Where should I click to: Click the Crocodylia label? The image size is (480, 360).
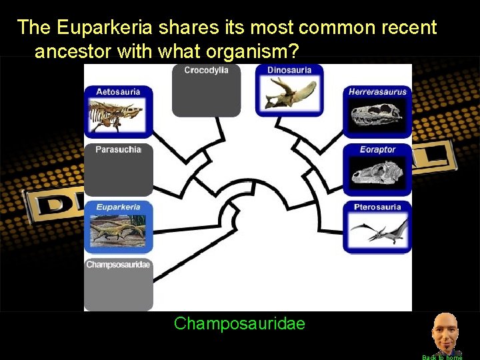(206, 71)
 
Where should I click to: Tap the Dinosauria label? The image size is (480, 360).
(289, 70)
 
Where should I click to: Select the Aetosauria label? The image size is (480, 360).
(118, 91)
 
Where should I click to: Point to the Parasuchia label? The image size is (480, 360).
(118, 149)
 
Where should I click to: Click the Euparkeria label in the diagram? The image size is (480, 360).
(118, 207)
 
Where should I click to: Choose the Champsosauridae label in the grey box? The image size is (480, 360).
(118, 265)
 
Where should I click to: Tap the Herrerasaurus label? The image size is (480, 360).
(377, 92)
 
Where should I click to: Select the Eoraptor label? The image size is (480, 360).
(377, 149)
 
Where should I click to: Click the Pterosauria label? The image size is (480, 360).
(377, 207)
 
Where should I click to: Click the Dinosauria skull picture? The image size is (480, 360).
(289, 93)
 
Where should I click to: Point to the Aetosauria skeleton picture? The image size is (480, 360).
(118, 114)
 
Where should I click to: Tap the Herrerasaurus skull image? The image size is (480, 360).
(377, 116)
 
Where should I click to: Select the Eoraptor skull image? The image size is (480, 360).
(377, 173)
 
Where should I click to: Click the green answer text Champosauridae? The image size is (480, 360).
(239, 324)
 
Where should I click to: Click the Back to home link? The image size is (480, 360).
(442, 357)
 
